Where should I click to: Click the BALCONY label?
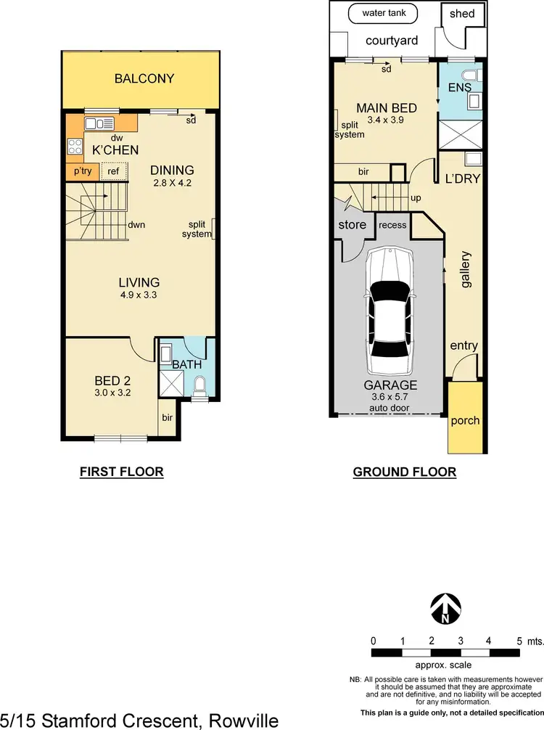[x=144, y=78]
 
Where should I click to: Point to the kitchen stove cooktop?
[x=75, y=147]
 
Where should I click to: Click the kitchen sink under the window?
[x=102, y=122]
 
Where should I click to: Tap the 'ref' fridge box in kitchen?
[x=113, y=172]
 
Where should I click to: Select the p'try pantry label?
[x=80, y=172]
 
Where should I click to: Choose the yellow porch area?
[x=465, y=420]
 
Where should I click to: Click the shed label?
[x=462, y=14]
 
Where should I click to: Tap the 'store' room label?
[x=353, y=225]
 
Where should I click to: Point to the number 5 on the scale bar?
[x=519, y=641]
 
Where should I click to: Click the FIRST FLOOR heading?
[x=121, y=472]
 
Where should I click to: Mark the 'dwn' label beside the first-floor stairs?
[x=136, y=225]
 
